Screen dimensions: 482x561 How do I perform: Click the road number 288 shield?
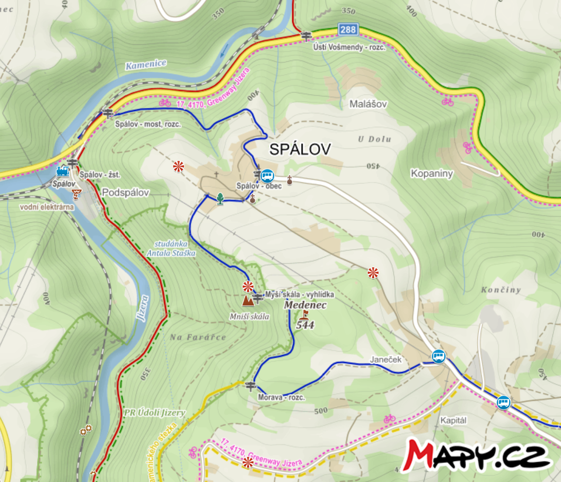[348, 29]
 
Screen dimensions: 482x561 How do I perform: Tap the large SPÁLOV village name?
[300, 150]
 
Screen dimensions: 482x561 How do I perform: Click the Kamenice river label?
[146, 64]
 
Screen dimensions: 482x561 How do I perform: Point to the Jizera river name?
[144, 308]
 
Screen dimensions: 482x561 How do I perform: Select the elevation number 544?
[305, 325]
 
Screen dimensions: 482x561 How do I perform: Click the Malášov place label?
[368, 104]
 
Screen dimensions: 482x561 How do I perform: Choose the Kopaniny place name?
[432, 173]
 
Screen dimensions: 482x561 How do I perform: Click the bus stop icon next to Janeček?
[439, 356]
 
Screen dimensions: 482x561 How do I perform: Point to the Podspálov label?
[126, 193]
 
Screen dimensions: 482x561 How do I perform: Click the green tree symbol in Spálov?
[220, 198]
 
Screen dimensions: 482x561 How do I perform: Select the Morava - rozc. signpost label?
[283, 398]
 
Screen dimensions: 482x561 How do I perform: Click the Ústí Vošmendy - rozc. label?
[349, 47]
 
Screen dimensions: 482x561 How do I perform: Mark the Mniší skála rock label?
[249, 317]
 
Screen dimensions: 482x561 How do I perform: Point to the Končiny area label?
[501, 290]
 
